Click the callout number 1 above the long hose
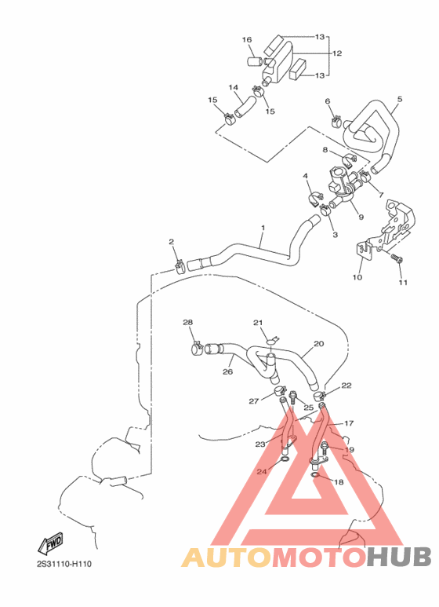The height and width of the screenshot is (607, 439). tap(263, 228)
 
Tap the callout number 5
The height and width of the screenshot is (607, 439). tap(399, 99)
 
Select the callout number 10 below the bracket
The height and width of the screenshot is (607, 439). tap(357, 277)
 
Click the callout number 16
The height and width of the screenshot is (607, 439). tap(246, 39)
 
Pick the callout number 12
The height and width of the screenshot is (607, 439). tap(337, 54)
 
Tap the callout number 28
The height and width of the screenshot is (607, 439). tap(187, 323)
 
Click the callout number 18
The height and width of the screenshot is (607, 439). tap(339, 482)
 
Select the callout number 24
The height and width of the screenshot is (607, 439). tap(262, 471)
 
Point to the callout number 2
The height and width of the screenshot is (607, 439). tap(171, 242)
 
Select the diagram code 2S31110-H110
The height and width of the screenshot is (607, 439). tap(63, 564)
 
